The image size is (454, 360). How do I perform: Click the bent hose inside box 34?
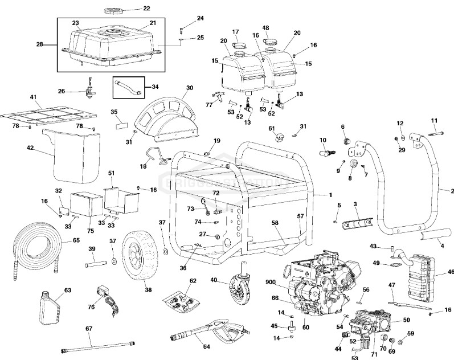[x=126, y=88]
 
